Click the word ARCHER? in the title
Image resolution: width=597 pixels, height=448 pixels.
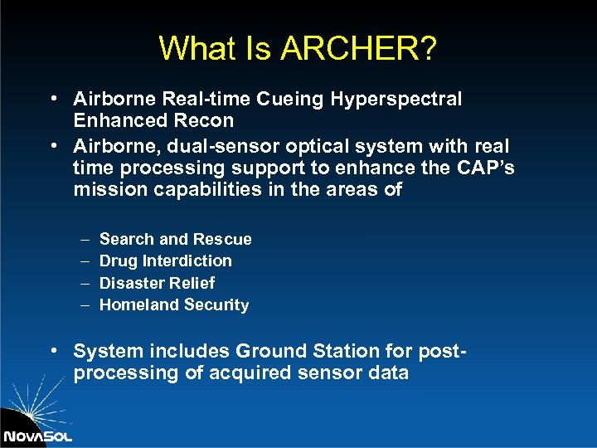(x=358, y=48)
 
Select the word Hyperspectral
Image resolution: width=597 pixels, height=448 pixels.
(x=396, y=100)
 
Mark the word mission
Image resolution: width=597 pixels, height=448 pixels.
(x=106, y=189)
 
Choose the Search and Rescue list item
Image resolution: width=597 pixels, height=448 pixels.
(x=175, y=239)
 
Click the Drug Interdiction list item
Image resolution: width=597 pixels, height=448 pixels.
(x=165, y=261)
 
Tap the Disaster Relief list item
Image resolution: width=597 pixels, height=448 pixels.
(x=157, y=283)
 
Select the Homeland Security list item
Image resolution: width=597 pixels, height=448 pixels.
(x=173, y=304)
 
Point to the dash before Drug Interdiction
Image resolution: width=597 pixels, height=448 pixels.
(x=85, y=261)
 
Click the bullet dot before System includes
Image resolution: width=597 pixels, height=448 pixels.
(x=54, y=351)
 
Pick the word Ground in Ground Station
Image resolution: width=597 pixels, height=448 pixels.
(x=274, y=351)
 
